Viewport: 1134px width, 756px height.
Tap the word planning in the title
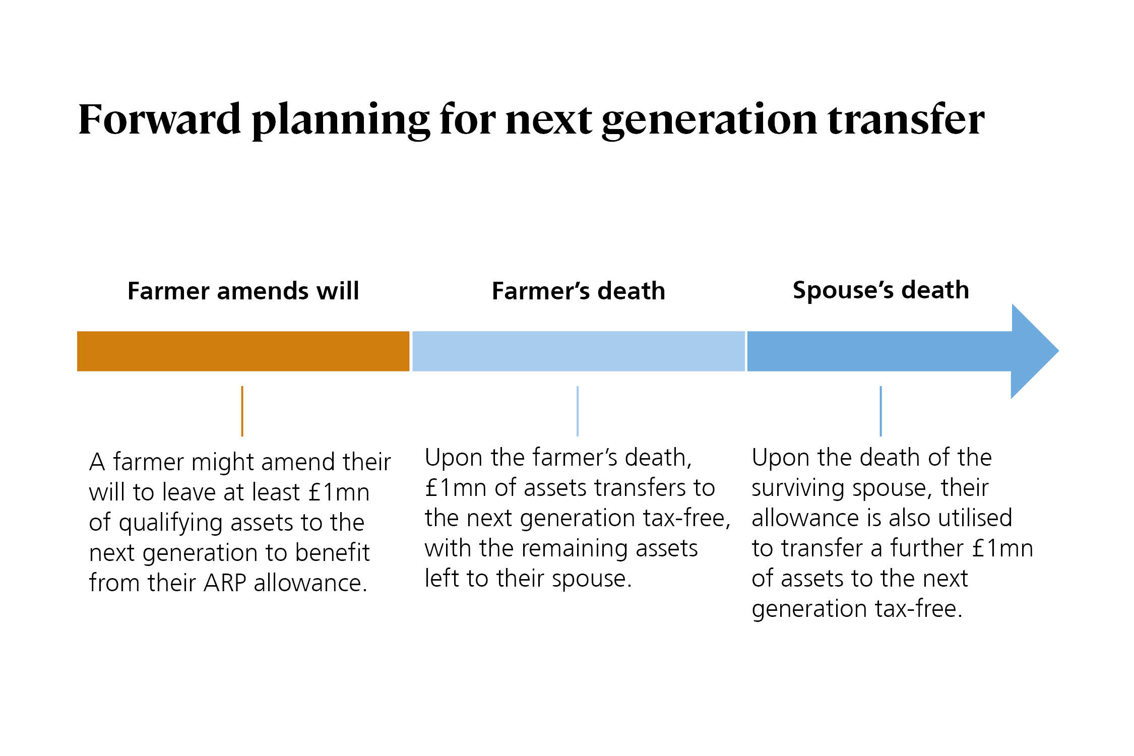pos(341,121)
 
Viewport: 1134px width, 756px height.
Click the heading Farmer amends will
pos(243,291)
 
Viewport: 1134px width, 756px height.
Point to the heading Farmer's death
pos(578,291)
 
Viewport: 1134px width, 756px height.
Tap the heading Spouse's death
pos(880,291)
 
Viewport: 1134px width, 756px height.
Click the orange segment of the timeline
pos(243,351)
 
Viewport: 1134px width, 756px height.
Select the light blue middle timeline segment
pos(578,351)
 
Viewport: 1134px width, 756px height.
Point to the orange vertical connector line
pos(242,411)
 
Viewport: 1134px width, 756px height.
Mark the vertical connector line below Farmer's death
pos(578,411)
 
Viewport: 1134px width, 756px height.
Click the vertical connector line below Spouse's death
pos(880,411)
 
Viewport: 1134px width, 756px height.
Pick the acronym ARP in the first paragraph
pos(224,583)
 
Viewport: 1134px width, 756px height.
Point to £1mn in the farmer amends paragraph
pos(339,492)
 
